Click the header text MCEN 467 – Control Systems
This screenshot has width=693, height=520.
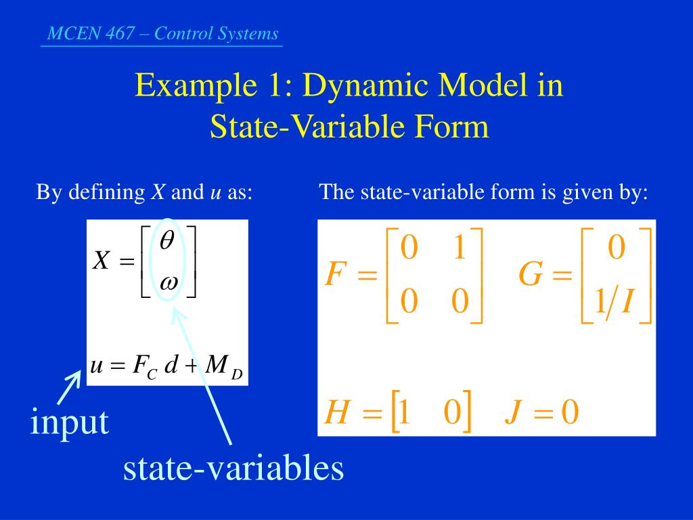[x=162, y=34]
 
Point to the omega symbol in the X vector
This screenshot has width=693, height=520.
[x=169, y=282]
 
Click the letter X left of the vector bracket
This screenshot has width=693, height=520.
[x=101, y=260]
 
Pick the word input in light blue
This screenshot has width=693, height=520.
[x=70, y=422]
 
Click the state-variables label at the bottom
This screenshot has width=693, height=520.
[x=233, y=467]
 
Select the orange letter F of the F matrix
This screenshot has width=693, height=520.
[x=334, y=274]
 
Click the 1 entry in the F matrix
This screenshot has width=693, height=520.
[x=460, y=247]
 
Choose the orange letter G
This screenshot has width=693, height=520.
[x=531, y=274]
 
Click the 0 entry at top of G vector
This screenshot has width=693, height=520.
[x=617, y=247]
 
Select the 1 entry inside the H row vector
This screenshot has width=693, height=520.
[x=404, y=412]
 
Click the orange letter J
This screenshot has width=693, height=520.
[x=514, y=412]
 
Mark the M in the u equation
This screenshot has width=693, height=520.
[x=217, y=365]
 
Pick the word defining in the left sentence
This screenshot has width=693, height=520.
[x=106, y=192]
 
